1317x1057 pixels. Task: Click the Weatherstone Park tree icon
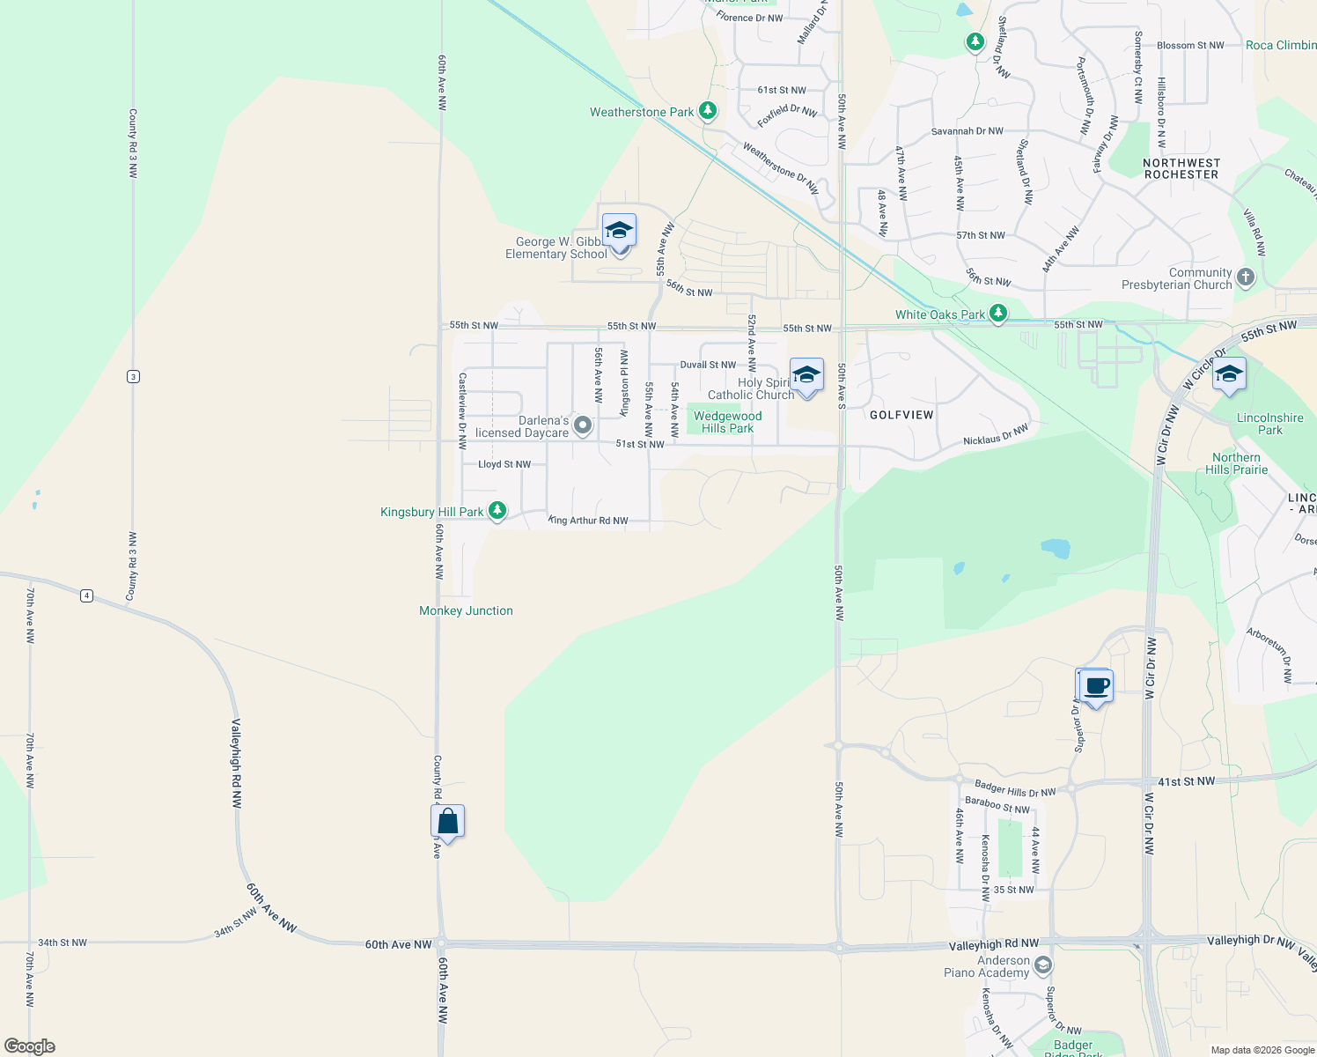707,111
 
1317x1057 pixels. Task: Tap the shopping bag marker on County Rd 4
447,822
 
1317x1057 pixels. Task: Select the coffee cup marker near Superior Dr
1096,685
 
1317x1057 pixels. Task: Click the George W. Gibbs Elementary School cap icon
620,231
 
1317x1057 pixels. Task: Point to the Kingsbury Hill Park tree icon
497,511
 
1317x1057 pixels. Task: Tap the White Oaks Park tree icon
997,314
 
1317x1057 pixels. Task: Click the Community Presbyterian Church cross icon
1245,277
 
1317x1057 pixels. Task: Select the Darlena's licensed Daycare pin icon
582,425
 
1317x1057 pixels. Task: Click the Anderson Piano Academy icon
1042,965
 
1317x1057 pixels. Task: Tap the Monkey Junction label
466,610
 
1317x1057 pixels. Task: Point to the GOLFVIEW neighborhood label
901,415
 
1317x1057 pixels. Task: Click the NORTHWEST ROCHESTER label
1181,168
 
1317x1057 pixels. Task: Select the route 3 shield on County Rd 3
133,376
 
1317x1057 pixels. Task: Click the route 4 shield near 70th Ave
86,595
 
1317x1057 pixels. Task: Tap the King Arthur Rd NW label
588,521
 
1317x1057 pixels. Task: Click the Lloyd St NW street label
504,464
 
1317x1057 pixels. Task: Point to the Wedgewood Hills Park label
727,422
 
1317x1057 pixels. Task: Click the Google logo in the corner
29,1046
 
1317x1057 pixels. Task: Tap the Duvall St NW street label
708,365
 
